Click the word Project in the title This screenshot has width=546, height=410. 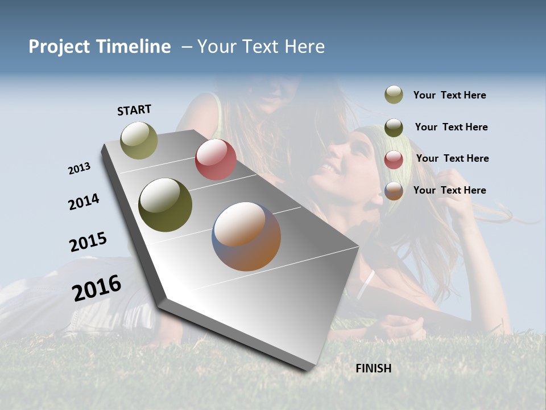coord(59,47)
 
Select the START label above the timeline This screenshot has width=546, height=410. coord(134,110)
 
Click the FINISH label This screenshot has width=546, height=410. coord(374,368)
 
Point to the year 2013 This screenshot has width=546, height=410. coord(80,169)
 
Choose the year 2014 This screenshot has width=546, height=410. coord(84,202)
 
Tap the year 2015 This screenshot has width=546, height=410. coord(88,242)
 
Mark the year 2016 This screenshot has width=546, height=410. coord(97,288)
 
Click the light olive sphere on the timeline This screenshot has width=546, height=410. coord(139,140)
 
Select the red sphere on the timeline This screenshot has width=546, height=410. coord(216,159)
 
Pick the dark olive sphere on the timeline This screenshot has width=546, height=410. coord(166,205)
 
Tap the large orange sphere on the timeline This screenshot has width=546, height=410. coord(246,236)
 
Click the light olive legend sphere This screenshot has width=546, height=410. coord(394,95)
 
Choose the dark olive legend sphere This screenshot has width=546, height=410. coord(394,127)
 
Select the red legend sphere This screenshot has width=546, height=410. coord(394,159)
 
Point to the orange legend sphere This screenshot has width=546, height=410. coord(394,191)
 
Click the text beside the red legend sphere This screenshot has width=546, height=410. coord(452,158)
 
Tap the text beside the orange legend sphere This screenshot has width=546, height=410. coord(449,190)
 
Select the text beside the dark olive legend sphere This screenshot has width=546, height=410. coord(451,127)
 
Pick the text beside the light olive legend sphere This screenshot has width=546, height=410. coord(449,95)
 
